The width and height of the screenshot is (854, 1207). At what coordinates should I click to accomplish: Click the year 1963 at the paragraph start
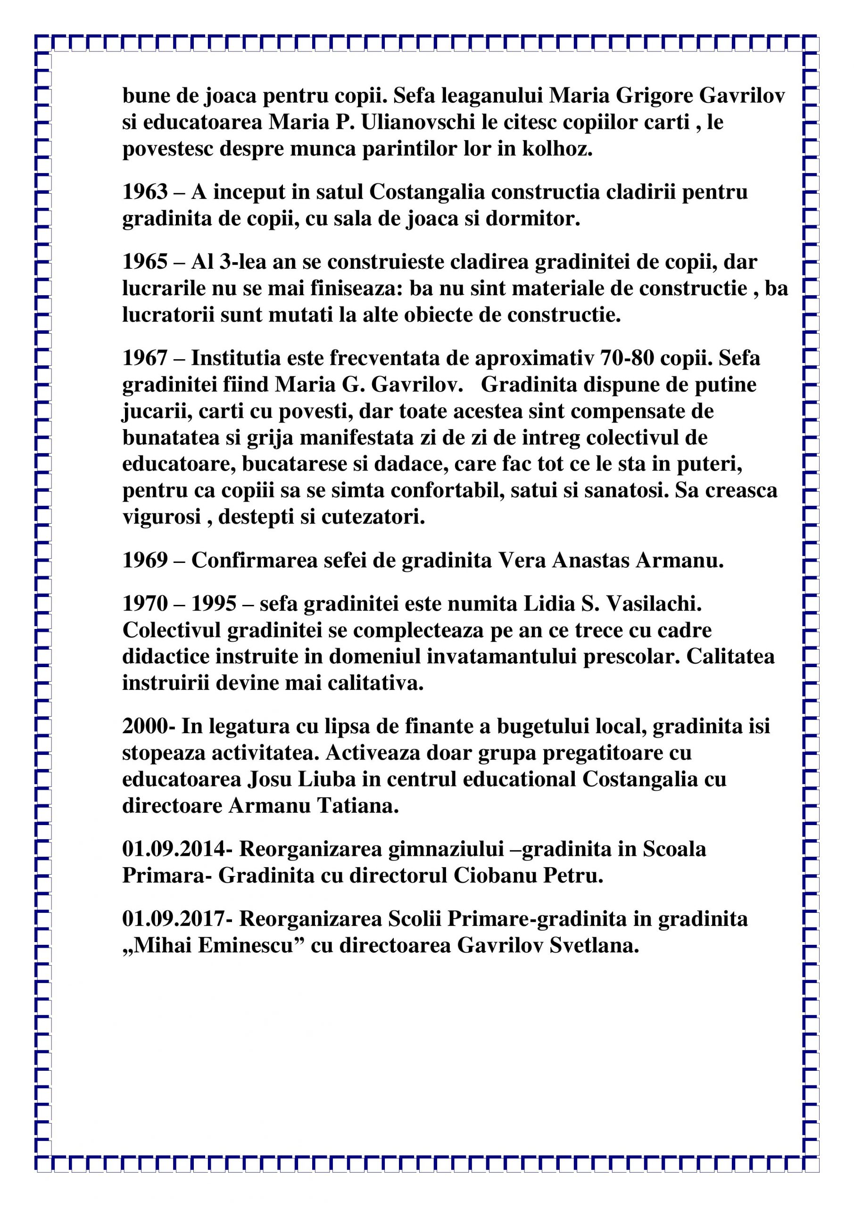[145, 192]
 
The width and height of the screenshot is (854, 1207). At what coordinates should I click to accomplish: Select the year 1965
[145, 262]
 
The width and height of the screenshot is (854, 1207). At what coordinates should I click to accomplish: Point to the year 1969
[145, 561]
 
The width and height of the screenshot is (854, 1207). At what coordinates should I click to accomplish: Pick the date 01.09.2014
[178, 849]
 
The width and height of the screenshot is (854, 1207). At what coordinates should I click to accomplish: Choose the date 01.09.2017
[178, 919]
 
